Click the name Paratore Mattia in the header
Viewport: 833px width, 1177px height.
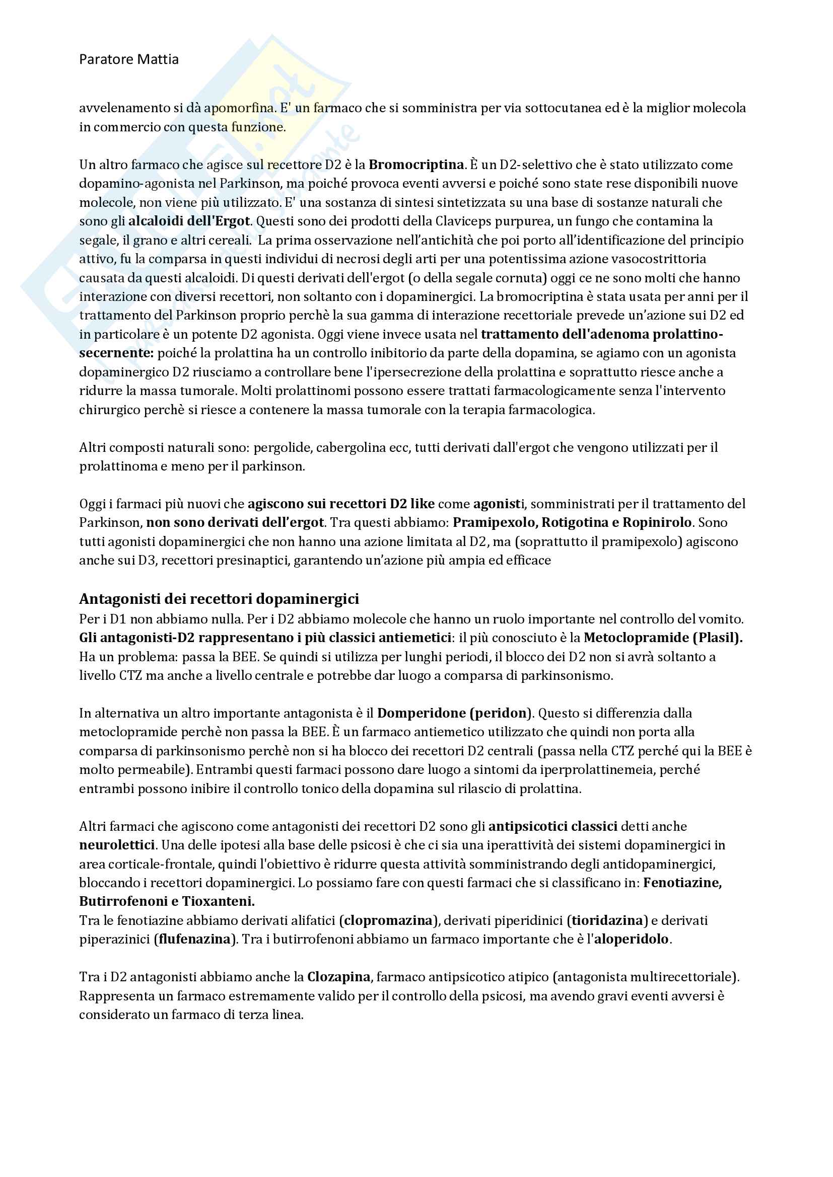(129, 59)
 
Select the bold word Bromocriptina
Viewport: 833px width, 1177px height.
(416, 165)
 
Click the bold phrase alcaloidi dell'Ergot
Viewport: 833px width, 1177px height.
(189, 221)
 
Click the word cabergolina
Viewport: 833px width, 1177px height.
(351, 447)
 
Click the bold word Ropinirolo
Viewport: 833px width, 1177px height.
(657, 522)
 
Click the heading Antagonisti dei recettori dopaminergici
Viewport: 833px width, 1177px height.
(219, 599)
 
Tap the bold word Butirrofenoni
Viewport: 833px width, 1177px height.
(123, 901)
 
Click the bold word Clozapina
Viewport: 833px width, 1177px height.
(338, 977)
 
